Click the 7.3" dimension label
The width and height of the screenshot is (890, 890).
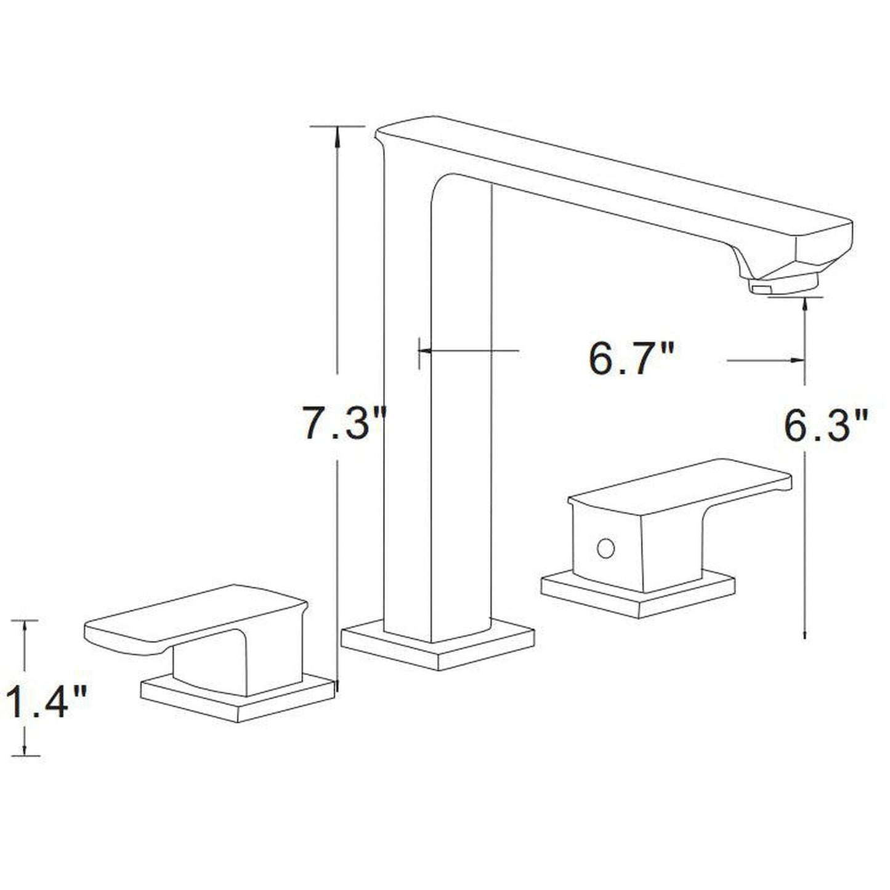[x=342, y=423]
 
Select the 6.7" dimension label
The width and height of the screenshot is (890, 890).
[x=632, y=358]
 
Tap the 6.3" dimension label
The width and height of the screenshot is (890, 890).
[x=825, y=426]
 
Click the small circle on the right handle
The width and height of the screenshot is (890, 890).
[x=606, y=548]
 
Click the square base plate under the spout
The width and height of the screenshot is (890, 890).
[x=438, y=646]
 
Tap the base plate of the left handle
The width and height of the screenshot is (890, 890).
[x=237, y=700]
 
